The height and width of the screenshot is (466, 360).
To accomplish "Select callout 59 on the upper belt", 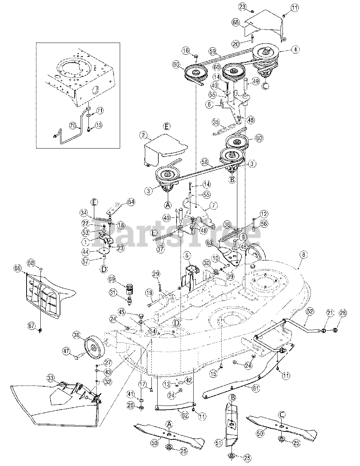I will coord(213,51).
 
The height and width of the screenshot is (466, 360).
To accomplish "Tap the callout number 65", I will coord(236,23).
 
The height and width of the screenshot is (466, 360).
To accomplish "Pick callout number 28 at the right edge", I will coord(343,313).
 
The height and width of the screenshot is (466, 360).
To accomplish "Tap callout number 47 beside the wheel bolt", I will coord(66,351).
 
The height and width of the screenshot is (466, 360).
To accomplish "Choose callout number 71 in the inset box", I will coord(100,110).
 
